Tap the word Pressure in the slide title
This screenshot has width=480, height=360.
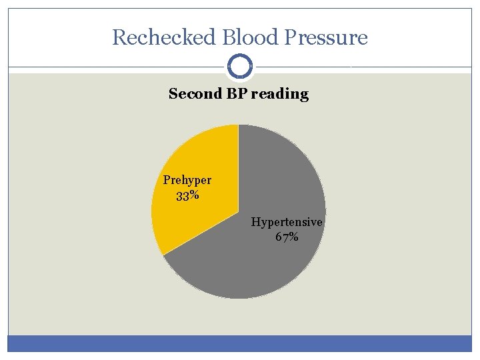pyautogui.click(x=327, y=37)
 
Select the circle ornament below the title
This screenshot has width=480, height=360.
pyautogui.click(x=240, y=67)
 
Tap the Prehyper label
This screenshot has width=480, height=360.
pyautogui.click(x=187, y=180)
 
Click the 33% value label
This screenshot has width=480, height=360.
pyautogui.click(x=187, y=195)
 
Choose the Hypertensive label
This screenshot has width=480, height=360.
pyautogui.click(x=287, y=222)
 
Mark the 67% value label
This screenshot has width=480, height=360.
pyautogui.click(x=287, y=237)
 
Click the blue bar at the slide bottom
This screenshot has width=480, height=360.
pyautogui.click(x=240, y=343)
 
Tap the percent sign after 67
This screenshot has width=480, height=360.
pyautogui.click(x=294, y=237)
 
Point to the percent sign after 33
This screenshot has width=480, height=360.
pyautogui.click(x=194, y=195)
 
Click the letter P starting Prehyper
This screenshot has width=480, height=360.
pyautogui.click(x=167, y=180)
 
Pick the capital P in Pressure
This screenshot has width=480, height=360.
pyautogui.click(x=291, y=37)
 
